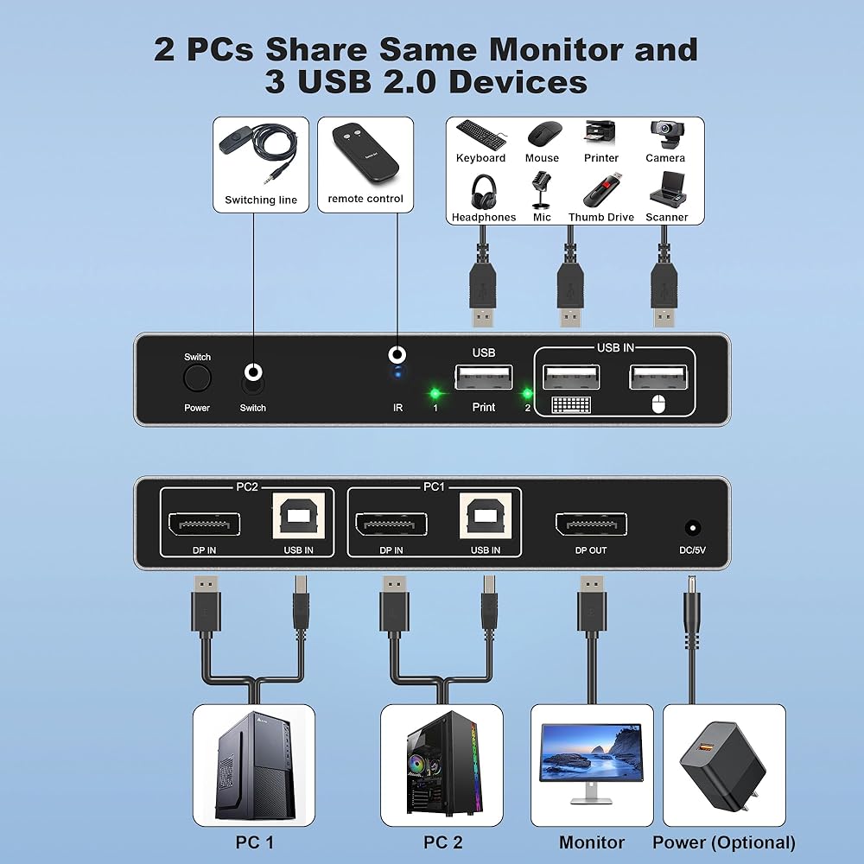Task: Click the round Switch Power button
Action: click(x=197, y=378)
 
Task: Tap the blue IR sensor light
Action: click(x=397, y=374)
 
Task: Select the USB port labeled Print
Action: click(x=484, y=377)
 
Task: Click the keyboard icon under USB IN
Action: click(x=571, y=405)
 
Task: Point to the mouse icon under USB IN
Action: click(x=658, y=404)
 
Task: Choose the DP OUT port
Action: click(x=591, y=524)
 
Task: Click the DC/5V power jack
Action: click(x=693, y=528)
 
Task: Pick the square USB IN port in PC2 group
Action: click(x=298, y=516)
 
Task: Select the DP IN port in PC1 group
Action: click(x=391, y=524)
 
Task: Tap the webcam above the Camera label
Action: click(x=667, y=135)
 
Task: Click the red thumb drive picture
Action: click(x=601, y=190)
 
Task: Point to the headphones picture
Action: click(x=484, y=192)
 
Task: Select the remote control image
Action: click(x=365, y=153)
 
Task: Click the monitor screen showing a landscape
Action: click(x=591, y=753)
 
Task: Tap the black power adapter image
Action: click(x=723, y=766)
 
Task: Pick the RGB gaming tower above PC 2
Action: click(x=443, y=763)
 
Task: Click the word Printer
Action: click(x=601, y=158)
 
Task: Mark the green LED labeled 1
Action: click(x=435, y=393)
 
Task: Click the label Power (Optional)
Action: click(x=724, y=842)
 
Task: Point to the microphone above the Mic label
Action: click(x=541, y=189)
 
